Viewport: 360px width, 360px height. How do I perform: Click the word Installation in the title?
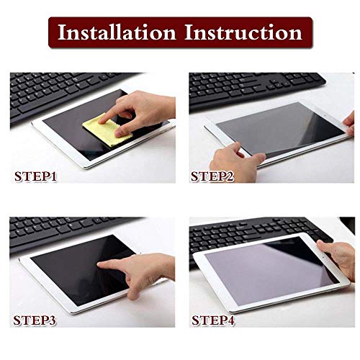click(x=117, y=32)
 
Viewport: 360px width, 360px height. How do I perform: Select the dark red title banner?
click(x=180, y=32)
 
